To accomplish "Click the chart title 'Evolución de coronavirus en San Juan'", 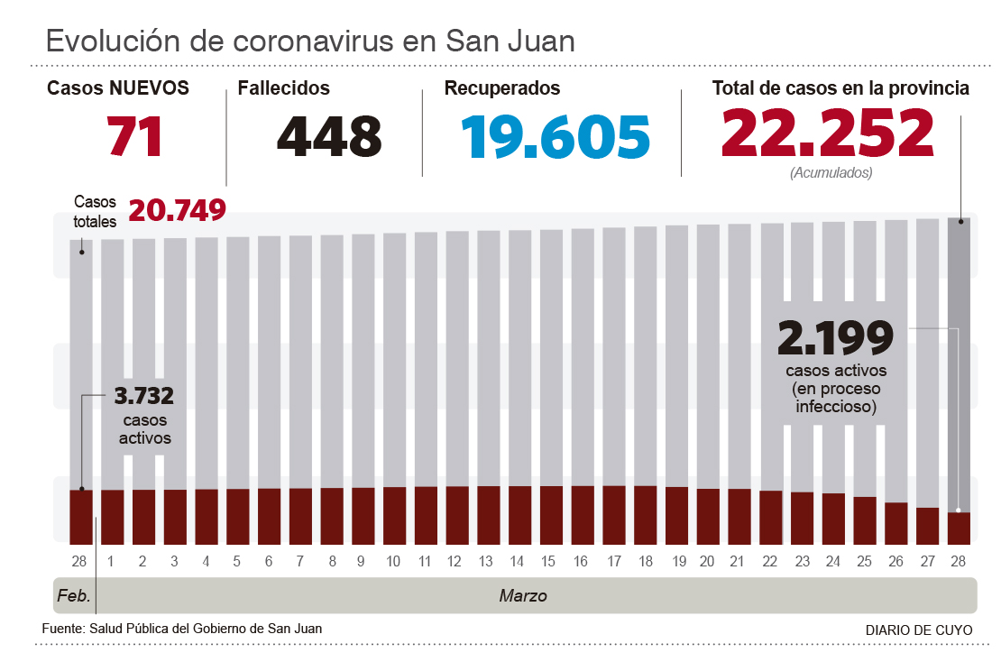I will coord(310,41).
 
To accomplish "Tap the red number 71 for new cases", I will coord(135,137).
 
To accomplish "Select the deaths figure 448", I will coord(329,137).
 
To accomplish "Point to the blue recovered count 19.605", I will coord(556,137).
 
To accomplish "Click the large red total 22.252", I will coord(827,133).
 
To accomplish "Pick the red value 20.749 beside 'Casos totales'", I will coord(177,211).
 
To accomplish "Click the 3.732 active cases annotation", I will coord(144,396).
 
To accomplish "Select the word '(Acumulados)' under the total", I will coord(831,173).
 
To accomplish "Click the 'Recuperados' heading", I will coord(502,88).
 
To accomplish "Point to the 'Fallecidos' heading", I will coord(283,88).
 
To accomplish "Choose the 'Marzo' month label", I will coord(523,596).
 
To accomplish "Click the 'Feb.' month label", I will coord(73,596).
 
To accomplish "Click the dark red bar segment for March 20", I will coord(708,516).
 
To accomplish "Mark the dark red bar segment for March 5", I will coord(237,516).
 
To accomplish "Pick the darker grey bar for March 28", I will coord(959,361).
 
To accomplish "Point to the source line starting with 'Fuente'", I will coord(182,629).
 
